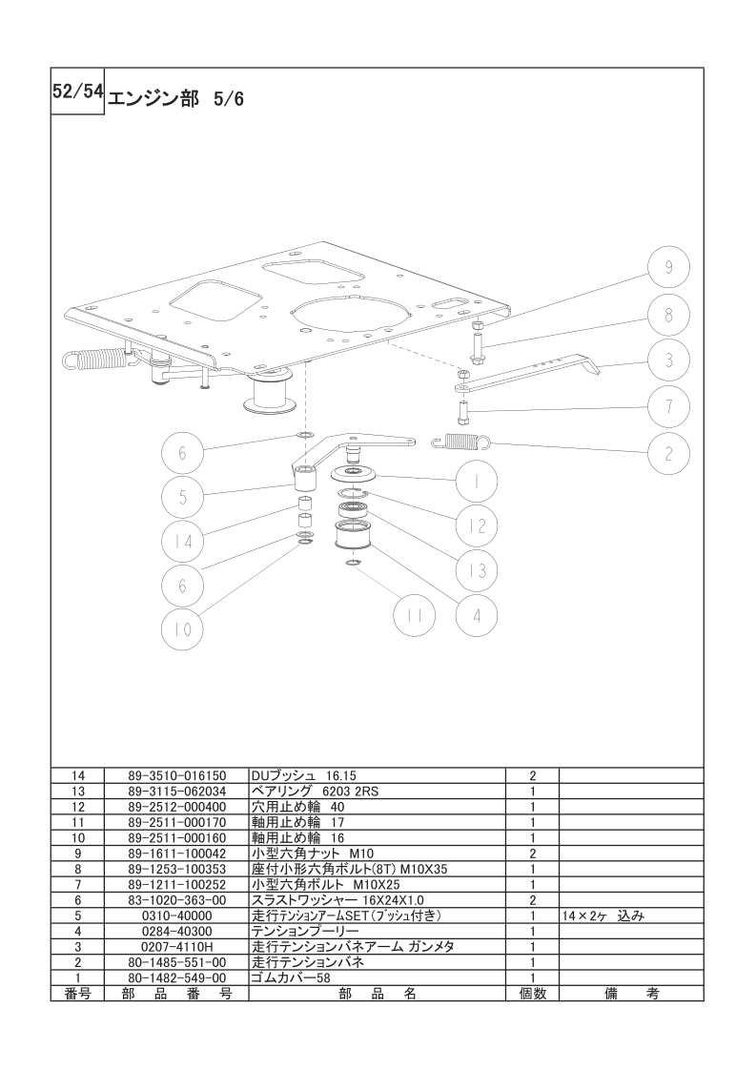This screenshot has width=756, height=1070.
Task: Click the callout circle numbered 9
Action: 668,267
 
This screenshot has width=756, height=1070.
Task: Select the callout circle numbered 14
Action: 183,541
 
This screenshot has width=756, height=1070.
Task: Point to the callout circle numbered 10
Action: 183,628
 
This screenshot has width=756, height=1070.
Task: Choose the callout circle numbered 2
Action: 668,452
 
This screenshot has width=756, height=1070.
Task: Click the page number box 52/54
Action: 77,92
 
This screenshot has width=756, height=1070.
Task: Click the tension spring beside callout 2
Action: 462,442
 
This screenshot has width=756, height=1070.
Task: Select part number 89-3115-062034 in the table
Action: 176,791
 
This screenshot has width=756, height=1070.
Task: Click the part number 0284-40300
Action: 176,931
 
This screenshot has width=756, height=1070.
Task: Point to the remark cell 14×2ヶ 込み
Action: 603,916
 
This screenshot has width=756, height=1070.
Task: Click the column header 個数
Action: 533,994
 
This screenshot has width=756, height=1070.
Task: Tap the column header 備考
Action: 632,994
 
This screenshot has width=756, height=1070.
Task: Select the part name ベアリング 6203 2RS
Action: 315,791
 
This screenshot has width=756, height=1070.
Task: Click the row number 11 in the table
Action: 78,822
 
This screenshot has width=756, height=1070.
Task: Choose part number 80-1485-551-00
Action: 176,962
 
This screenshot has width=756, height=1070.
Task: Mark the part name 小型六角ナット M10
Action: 313,853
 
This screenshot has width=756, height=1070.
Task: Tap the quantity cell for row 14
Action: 533,776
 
